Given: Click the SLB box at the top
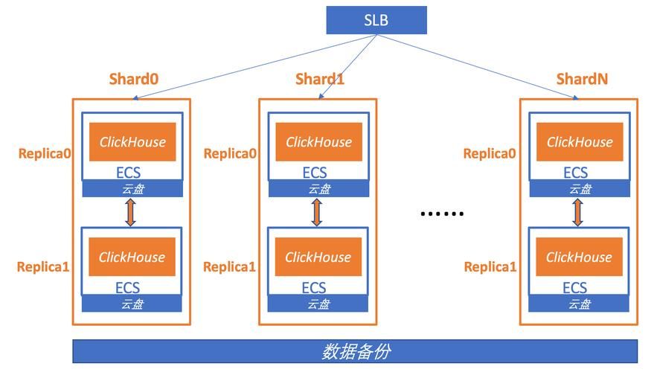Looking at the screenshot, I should (376, 20).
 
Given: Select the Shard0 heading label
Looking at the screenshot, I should (134, 79).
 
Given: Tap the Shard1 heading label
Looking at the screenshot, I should (320, 79).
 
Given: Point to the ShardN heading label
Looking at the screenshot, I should (583, 79).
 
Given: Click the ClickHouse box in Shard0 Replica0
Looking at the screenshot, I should (132, 141).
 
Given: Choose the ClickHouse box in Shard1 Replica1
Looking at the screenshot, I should (318, 257).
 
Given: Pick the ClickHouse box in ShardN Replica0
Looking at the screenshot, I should (580, 141).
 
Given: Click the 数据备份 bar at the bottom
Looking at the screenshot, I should (355, 351).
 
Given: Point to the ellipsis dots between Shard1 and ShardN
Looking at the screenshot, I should (442, 214).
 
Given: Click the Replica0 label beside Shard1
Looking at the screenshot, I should (230, 153).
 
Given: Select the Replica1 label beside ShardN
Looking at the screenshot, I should (490, 266).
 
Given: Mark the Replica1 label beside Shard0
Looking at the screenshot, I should (43, 266).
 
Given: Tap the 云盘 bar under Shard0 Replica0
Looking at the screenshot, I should (132, 189).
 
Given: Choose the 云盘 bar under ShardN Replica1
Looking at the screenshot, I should (578, 304).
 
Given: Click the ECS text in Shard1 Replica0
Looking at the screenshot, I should (315, 173).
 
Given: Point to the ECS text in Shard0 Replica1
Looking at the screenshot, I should (128, 288).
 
